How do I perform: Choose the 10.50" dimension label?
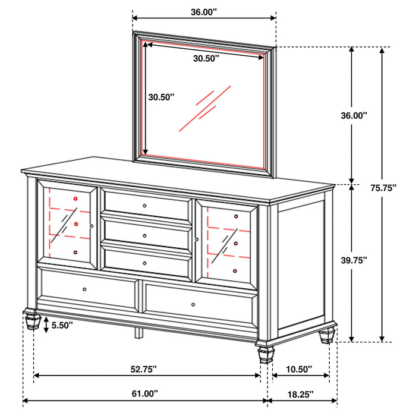coord(298,369)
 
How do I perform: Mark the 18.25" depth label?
coord(298,393)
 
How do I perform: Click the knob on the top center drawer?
coord(145,205)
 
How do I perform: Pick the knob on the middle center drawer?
coord(145,235)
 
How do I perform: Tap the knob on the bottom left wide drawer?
coord(85,289)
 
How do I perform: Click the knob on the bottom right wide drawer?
coord(194,305)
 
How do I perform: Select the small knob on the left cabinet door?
coord(92,226)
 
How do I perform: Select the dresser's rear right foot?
coord(326,336)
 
